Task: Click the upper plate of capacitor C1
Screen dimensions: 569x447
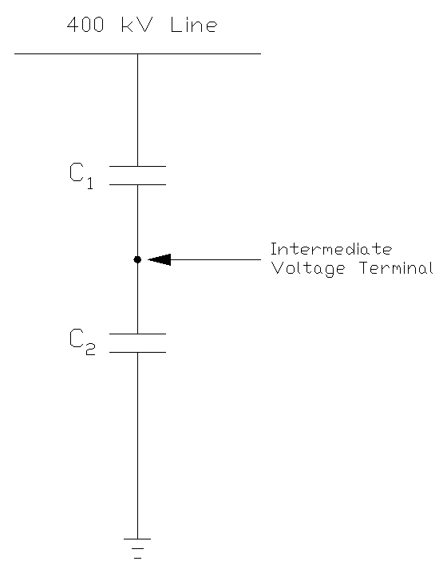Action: pos(137,167)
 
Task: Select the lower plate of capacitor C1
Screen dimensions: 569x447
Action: pos(137,184)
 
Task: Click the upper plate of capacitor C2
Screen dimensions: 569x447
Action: pos(137,334)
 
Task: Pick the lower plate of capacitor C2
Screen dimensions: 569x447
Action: pos(137,351)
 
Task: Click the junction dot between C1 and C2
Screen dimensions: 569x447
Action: pos(137,259)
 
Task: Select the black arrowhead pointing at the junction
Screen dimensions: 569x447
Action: pos(159,259)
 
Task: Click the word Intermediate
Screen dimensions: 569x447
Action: pos(331,249)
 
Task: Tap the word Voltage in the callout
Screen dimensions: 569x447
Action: pos(308,269)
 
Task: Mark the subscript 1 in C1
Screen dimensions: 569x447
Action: pos(90,184)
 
